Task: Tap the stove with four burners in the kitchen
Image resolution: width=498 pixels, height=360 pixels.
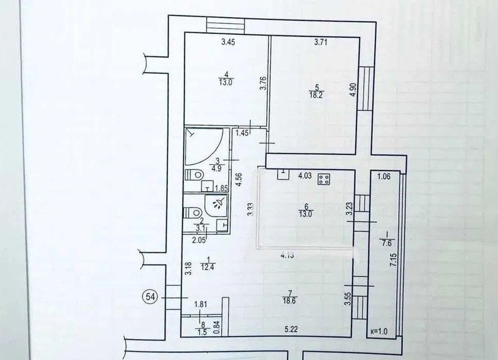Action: pyautogui.click(x=324, y=179)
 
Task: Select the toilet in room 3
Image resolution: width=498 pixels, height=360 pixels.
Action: pyautogui.click(x=194, y=174)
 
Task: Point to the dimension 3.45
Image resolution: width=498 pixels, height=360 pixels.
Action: pyautogui.click(x=228, y=42)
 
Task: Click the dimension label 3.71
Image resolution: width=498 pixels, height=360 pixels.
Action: pyautogui.click(x=321, y=42)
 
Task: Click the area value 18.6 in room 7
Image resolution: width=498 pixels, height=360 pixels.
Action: pyautogui.click(x=289, y=301)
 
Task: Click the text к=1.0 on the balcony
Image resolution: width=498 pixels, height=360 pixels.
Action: pyautogui.click(x=379, y=331)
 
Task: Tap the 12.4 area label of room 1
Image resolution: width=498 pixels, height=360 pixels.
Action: pyautogui.click(x=207, y=267)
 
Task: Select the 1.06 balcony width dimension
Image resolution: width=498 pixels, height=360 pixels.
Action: pyautogui.click(x=383, y=177)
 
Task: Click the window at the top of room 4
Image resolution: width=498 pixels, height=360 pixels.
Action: pyautogui.click(x=226, y=25)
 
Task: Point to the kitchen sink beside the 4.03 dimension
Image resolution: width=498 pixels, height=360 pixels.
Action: pyautogui.click(x=283, y=174)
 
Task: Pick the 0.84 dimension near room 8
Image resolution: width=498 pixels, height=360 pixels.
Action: pyautogui.click(x=217, y=328)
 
